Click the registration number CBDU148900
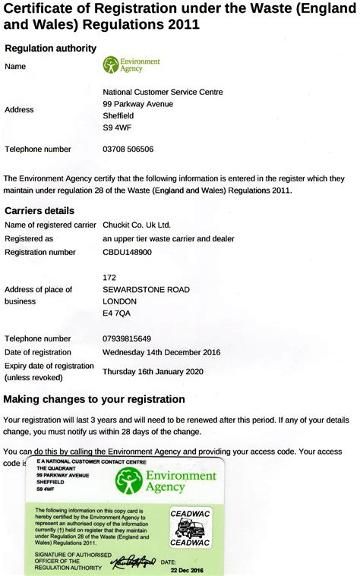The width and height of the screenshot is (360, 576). pos(127,252)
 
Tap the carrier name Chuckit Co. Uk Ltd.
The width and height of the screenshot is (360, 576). pos(137,225)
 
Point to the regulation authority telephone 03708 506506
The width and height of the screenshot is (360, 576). pos(128,150)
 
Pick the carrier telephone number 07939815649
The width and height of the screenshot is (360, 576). pos(127,338)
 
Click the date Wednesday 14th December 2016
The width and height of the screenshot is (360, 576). pos(161,352)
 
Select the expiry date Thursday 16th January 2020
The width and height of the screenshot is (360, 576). pos(153,371)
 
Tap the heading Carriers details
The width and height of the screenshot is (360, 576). pos(39,210)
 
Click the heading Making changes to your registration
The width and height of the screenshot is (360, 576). pos(94,399)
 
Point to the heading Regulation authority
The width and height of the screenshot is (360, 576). pos(51,49)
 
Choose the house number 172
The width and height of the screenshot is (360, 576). pos(109,277)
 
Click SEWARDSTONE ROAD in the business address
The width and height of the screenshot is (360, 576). pos(146,290)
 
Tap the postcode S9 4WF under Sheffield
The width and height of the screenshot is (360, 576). pos(115,128)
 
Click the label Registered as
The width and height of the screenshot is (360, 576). pos(29,238)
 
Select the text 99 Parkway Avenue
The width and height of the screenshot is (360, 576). pos(137,104)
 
